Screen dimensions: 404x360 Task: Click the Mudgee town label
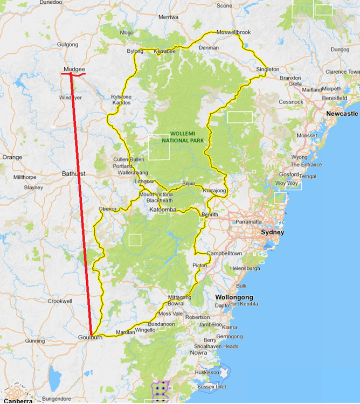coord(74,69)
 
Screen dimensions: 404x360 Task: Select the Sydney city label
coord(272,232)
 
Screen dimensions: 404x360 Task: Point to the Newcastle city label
coord(342,114)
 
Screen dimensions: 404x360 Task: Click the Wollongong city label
coord(234,297)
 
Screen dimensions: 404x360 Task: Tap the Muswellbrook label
coord(233,32)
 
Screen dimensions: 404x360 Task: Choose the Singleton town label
coord(268,69)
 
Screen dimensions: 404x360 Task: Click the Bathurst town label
coord(73,174)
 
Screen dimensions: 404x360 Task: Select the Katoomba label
coord(163,208)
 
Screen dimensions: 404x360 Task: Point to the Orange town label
coord(12,157)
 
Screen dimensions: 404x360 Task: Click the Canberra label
coord(19,401)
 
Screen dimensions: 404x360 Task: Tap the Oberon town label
coord(108,208)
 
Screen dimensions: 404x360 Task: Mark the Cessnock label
coord(291,102)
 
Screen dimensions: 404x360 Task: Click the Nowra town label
coord(198,353)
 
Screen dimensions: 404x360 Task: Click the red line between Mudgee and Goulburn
coord(81,205)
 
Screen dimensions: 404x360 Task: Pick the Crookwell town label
coord(60,301)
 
